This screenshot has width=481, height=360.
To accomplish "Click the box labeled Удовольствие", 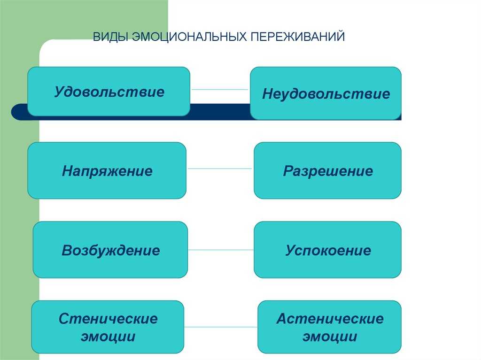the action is [109, 92].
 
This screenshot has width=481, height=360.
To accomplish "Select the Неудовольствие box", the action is [326, 93].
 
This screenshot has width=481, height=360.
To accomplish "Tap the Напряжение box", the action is [107, 170].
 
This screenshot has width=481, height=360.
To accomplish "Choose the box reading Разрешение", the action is [327, 170].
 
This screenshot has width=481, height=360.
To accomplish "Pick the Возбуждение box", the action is [110, 250].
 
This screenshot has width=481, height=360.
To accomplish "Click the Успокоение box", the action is [327, 250].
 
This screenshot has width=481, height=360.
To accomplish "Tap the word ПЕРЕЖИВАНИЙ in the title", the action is [297, 37].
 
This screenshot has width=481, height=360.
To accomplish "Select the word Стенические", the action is [108, 319].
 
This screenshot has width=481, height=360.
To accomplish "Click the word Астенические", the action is [330, 319].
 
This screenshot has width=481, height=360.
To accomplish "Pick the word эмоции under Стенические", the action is [108, 337].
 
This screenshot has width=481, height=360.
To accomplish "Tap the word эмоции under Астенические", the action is [330, 337].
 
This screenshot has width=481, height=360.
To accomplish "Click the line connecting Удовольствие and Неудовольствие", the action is [220, 90].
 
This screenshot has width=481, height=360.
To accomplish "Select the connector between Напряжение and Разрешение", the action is [220, 169].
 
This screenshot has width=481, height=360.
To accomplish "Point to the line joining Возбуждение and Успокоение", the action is [221, 250].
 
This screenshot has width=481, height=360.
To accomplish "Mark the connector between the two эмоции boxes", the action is [221, 327].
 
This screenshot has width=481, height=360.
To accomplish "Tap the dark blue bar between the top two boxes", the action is [220, 112].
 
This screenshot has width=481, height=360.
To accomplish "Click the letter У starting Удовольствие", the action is [59, 92].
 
